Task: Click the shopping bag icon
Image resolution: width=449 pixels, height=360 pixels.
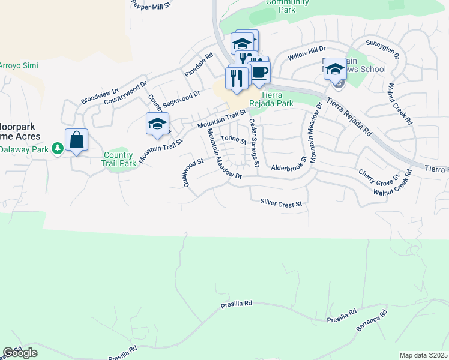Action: tap(76, 140)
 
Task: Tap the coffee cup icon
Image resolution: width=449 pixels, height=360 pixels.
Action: tap(259, 72)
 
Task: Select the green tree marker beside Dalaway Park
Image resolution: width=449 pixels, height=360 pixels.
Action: tap(58, 148)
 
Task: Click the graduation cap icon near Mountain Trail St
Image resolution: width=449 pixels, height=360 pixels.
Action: tap(157, 124)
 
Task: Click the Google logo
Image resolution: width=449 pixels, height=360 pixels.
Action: tap(20, 353)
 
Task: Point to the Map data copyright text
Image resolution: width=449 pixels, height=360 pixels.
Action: tap(424, 355)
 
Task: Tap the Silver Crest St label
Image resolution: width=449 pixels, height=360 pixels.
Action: tap(280, 204)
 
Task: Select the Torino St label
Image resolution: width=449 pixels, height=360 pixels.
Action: tap(233, 139)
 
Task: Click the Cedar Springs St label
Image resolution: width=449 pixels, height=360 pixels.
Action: tap(253, 143)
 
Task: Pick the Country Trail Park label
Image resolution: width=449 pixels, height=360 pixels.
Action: tap(118, 159)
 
